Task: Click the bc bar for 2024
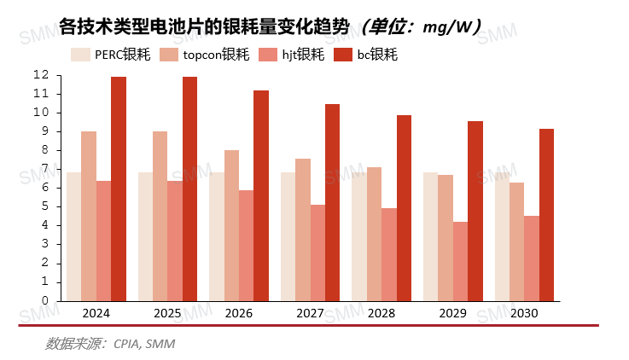click(118, 189)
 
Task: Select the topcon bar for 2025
click(160, 216)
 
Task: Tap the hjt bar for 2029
click(460, 261)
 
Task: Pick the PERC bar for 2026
click(217, 236)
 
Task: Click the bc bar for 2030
click(546, 215)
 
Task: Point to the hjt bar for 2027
click(317, 253)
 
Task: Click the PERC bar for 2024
click(74, 236)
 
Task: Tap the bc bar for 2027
click(332, 202)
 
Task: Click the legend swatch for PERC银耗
click(81, 55)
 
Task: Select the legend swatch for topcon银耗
click(169, 55)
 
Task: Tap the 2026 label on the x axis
click(239, 313)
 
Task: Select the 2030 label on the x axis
click(524, 313)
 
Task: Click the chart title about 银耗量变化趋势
click(205, 26)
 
